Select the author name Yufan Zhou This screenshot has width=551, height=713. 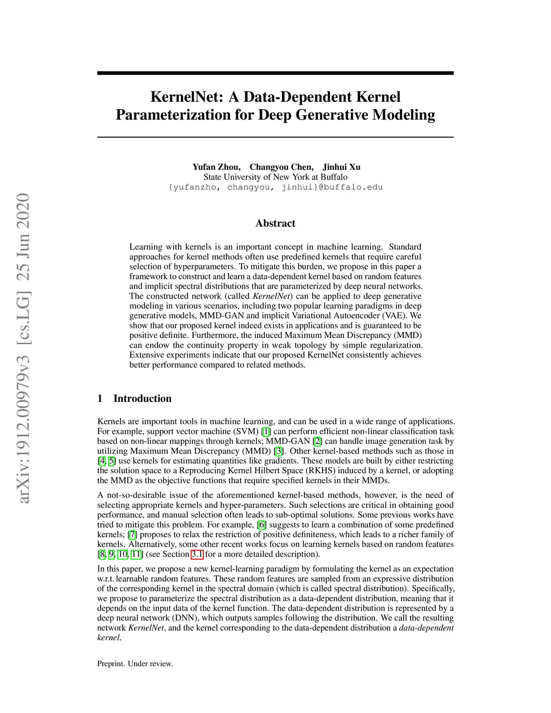coord(216,167)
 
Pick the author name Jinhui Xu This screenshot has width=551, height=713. coord(341,167)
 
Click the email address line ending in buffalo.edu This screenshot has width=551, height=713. coord(275,187)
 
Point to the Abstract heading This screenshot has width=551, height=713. coord(275,223)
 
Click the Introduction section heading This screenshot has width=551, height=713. coord(142,399)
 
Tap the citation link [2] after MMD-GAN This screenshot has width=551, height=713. coord(317,441)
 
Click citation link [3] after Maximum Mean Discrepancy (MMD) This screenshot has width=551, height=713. coord(279,451)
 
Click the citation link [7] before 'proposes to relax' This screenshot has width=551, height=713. coord(132,534)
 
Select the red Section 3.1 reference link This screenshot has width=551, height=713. coord(197,554)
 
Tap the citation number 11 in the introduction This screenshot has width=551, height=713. coord(137,554)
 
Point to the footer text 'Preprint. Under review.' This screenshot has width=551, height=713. coord(135,664)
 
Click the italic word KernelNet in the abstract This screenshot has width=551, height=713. coord(272,296)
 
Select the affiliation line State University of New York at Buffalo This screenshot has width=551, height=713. coord(275,177)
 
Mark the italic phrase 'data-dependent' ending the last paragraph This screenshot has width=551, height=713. coord(426,628)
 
